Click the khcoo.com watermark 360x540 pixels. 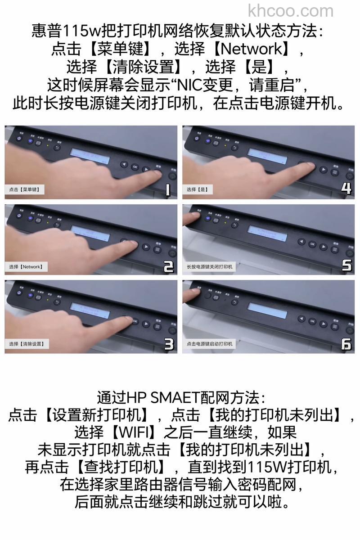click(291, 10)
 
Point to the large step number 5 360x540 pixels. click(346, 265)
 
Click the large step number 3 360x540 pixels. click(168, 344)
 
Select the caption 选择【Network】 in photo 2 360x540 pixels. click(26, 267)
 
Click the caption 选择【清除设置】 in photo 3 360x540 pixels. click(26, 344)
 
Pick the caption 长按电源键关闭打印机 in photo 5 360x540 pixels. click(210, 267)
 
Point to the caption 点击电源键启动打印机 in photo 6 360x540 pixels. click(210, 344)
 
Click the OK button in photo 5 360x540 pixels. click(312, 244)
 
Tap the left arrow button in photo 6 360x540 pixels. click(301, 319)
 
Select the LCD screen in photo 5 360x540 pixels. click(267, 234)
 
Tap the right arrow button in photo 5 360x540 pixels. click(323, 246)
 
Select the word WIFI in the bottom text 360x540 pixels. click(133, 432)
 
